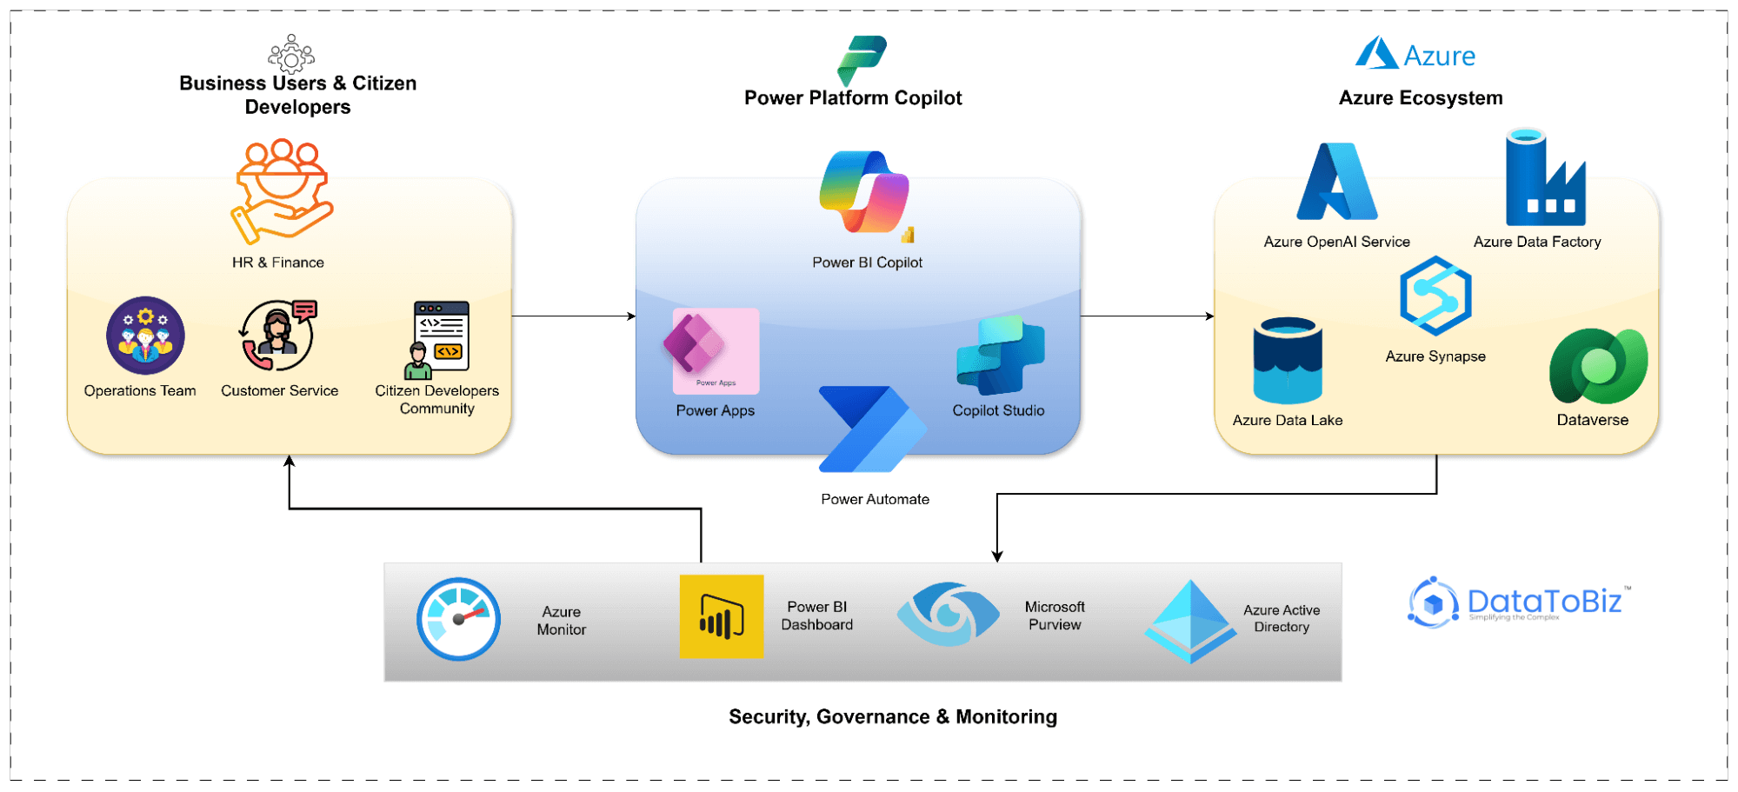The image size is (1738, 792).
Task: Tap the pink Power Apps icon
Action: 715,350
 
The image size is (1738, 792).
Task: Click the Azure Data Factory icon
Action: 1545,179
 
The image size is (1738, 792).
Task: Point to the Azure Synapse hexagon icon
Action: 1435,296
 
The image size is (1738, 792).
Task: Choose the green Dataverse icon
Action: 1598,366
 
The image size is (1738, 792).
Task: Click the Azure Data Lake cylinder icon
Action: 1288,361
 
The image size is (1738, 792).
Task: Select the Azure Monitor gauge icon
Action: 458,619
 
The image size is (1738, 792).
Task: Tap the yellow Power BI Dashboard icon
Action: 722,616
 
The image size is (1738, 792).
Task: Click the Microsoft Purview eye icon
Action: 949,614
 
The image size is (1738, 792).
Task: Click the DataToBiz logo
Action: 1517,602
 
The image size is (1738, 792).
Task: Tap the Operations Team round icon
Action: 145,336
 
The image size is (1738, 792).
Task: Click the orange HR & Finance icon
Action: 281,190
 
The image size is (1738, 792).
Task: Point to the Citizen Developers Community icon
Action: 440,340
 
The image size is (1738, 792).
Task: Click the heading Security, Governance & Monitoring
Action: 893,716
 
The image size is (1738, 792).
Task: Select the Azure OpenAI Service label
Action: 1336,242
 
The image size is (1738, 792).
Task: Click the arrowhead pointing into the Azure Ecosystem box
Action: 1209,316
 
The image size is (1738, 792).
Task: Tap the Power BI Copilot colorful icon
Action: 865,192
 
